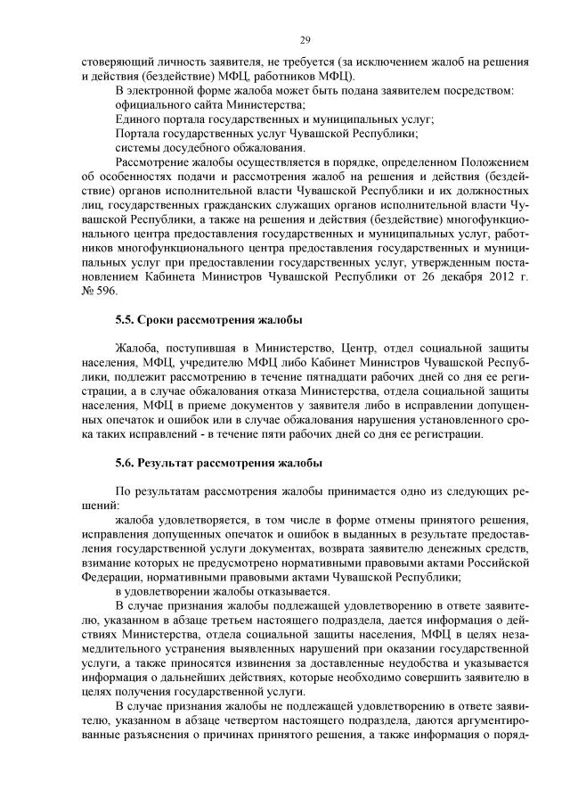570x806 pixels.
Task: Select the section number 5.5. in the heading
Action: click(x=126, y=320)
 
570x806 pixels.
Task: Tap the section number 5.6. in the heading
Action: click(x=126, y=463)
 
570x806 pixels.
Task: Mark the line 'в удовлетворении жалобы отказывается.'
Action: click(x=223, y=592)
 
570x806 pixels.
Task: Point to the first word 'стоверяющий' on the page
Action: click(x=110, y=62)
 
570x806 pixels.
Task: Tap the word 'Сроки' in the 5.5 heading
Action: click(x=162, y=320)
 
